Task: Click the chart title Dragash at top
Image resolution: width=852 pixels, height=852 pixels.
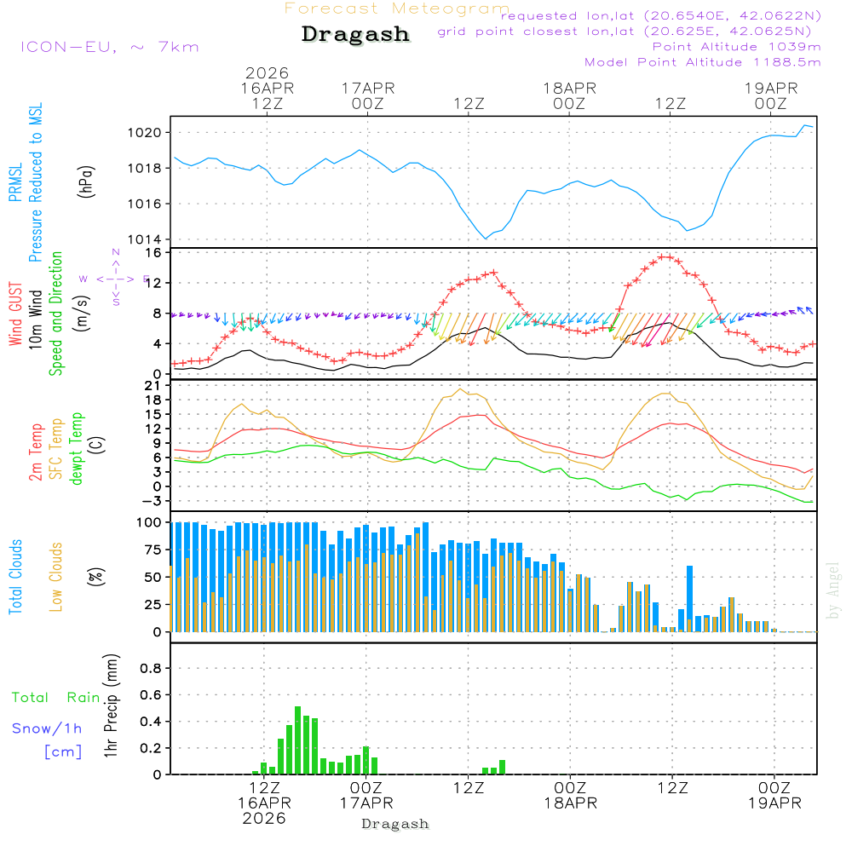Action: (355, 34)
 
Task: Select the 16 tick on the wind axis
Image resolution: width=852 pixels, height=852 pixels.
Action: (154, 253)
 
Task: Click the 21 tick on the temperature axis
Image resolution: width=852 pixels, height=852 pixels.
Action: (154, 386)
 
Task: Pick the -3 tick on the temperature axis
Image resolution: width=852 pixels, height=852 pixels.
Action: (154, 501)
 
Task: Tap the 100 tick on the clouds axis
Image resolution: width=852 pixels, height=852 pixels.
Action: (150, 522)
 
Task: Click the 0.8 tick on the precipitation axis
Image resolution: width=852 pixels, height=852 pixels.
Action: (150, 668)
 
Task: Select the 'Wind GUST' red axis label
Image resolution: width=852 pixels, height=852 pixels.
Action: (15, 316)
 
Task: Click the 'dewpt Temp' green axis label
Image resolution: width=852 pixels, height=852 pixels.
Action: (77, 449)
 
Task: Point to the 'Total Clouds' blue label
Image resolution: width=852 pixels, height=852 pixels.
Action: (15, 577)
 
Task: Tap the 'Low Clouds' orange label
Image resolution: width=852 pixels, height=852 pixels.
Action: (56, 577)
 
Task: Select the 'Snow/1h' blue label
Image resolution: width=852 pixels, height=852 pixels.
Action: (47, 728)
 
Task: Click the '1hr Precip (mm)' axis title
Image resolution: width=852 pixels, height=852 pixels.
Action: (110, 707)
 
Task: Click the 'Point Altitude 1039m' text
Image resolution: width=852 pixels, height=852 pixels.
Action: (736, 47)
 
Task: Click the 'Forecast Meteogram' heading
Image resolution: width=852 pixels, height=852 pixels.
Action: (397, 9)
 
